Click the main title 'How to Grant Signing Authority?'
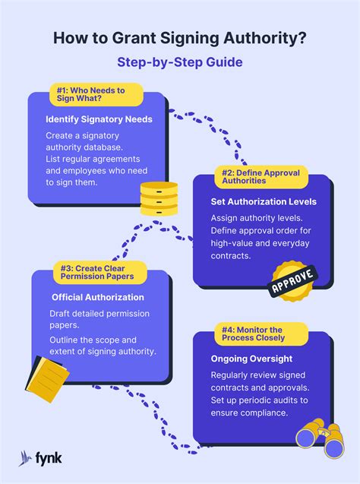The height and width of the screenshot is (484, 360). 180,38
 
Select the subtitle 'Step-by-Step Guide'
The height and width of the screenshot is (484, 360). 180,62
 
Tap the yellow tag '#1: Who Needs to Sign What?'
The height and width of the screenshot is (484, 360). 96,94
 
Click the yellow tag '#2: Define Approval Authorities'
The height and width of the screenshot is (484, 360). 261,177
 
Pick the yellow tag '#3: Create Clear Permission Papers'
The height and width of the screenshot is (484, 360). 100,272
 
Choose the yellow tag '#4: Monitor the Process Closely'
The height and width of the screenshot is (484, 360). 261,334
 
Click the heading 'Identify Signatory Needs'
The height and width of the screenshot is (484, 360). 99,119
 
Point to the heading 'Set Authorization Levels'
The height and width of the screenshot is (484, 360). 264,202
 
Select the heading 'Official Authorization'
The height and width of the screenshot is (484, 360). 98,297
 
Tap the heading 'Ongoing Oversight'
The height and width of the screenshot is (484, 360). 251,359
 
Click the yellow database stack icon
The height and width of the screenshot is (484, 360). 159,198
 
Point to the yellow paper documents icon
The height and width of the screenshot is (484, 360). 47,378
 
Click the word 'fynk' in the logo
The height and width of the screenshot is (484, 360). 49,458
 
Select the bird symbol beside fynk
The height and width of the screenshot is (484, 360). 25,458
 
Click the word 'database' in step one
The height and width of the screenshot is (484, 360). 103,147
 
